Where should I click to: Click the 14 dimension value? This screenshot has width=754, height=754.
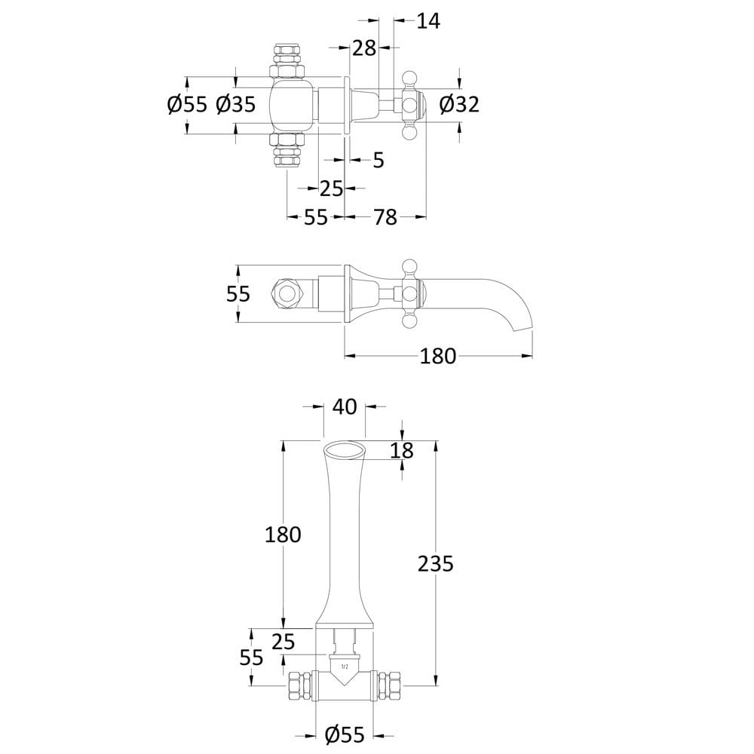tap(428, 21)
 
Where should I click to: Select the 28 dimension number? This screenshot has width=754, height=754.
tap(364, 48)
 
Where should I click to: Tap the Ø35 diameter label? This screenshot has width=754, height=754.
tap(235, 104)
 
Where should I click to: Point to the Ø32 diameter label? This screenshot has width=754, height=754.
tap(459, 104)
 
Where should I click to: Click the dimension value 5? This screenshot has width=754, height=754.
tap(379, 160)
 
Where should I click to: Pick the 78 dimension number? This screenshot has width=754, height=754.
tap(385, 217)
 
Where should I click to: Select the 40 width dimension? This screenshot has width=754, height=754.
tap(345, 407)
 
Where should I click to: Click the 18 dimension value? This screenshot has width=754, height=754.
tap(402, 451)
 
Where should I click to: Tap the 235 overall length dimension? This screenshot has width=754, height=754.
tap(435, 563)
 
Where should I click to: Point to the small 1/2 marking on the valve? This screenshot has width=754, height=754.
tap(345, 667)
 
